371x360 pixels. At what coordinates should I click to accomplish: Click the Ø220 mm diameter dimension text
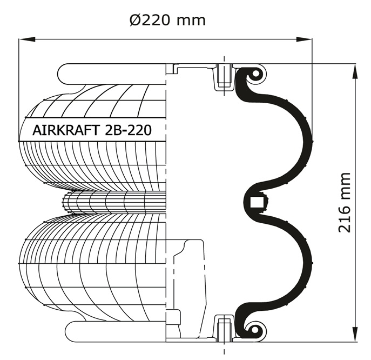(x=167, y=20)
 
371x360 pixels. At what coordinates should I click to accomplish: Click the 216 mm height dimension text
(x=344, y=202)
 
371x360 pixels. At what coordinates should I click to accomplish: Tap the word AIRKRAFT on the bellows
(x=65, y=130)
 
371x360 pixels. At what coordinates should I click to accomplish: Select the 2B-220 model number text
(x=127, y=130)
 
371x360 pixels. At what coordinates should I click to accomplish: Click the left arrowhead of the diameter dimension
(x=27, y=39)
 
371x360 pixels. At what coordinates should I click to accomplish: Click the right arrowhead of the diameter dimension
(x=304, y=39)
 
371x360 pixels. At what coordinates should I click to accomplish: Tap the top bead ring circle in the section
(x=255, y=74)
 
